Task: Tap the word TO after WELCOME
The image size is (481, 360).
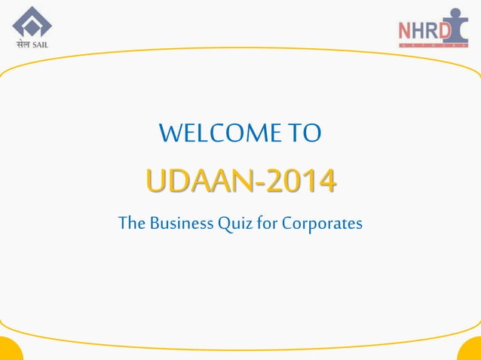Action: [305, 134]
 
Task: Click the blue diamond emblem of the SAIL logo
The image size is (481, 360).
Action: [32, 21]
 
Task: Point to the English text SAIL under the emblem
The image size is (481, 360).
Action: [41, 43]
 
